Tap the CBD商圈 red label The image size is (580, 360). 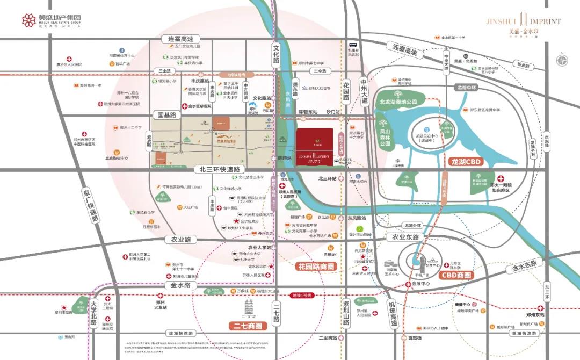(x=457, y=275)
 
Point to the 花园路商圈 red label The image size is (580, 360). (x=315, y=266)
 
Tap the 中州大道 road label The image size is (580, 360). (x=365, y=91)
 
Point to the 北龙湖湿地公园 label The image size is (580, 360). (x=402, y=100)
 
